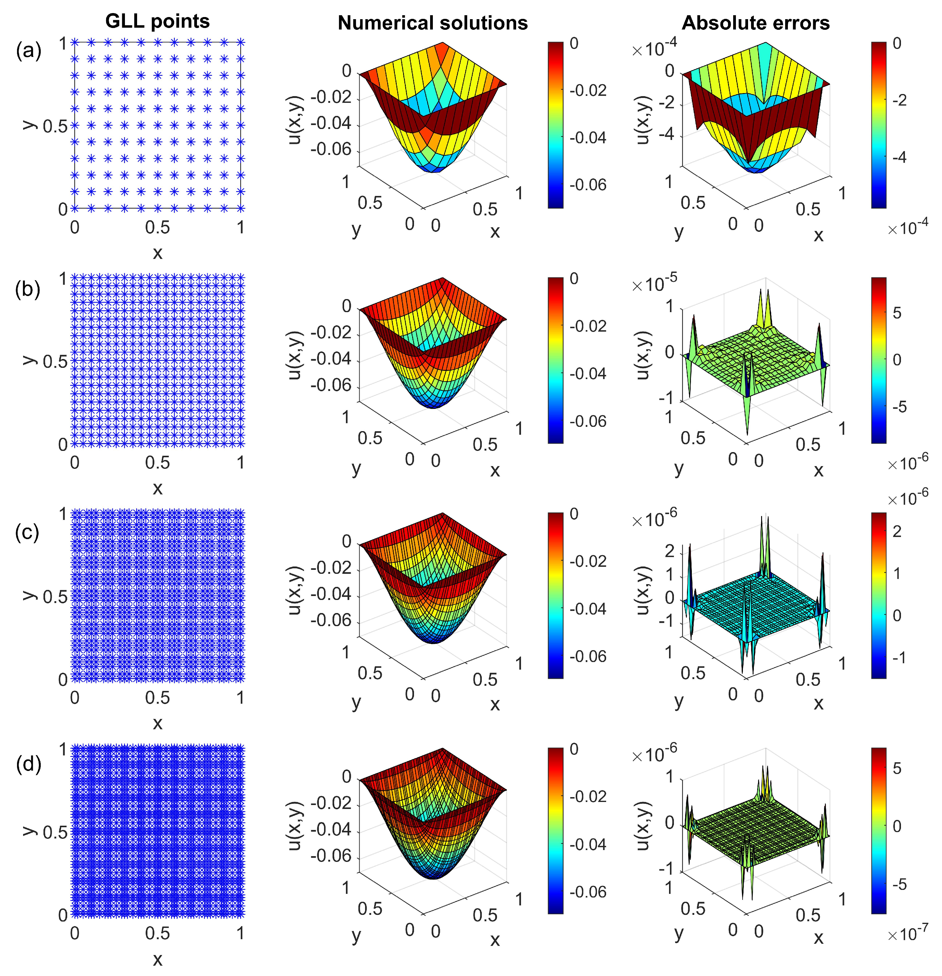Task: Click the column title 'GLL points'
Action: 157,21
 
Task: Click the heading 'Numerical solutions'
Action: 433,23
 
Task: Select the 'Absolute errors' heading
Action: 755,23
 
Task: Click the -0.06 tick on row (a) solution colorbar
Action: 588,185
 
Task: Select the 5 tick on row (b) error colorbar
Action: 897,313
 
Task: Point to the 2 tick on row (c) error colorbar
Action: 897,531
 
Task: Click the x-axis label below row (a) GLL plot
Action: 157,253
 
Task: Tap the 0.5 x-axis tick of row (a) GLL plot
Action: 157,228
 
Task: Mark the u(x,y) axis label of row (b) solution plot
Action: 295,354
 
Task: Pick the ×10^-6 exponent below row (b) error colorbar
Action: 907,463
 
